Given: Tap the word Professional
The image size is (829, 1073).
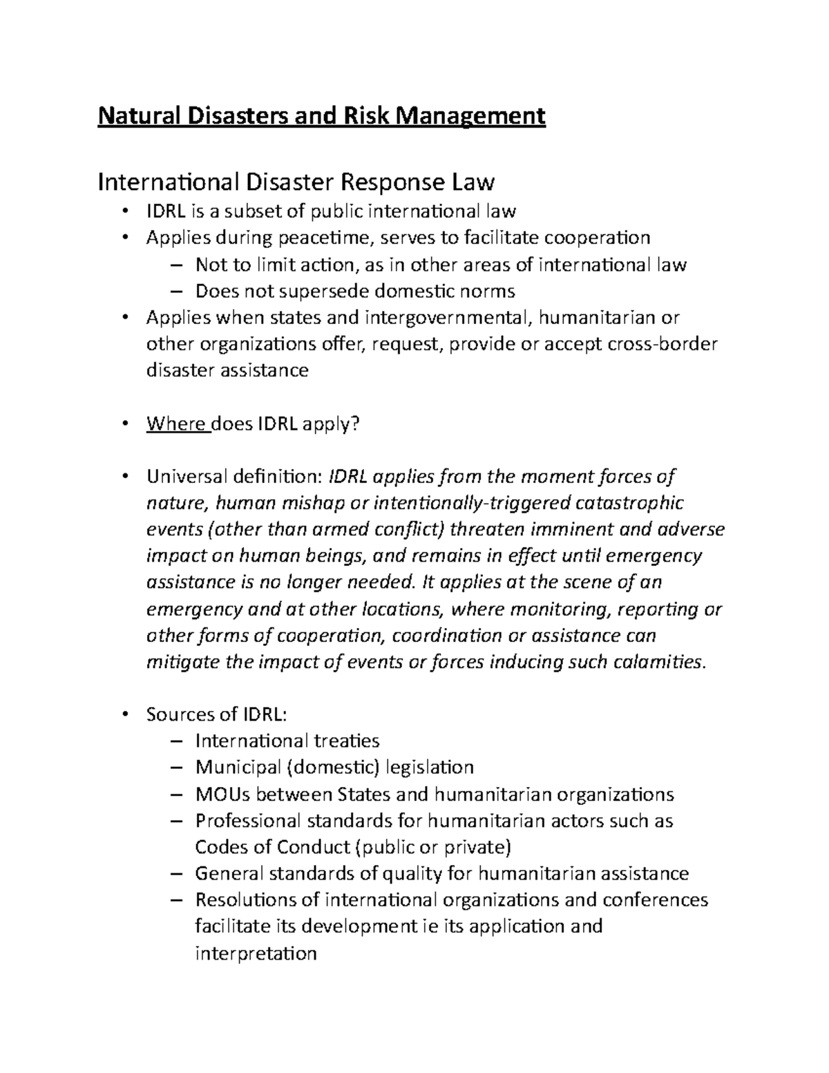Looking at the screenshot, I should click(248, 821).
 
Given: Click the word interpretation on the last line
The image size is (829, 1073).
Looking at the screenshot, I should click(256, 953).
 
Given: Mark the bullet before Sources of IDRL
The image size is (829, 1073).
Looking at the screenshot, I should click(125, 715).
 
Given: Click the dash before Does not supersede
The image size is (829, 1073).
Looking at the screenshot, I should click(177, 291).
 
